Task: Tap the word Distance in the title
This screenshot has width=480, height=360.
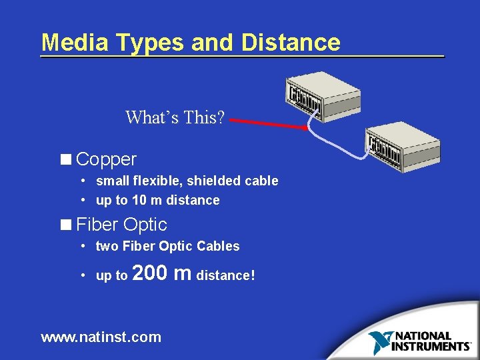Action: pos(291,42)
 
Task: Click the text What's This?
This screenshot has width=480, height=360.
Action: pos(175,118)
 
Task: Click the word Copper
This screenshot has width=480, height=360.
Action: pos(107,159)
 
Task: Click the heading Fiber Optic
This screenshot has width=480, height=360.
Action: pos(121,224)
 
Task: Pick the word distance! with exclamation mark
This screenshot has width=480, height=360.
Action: pos(226,275)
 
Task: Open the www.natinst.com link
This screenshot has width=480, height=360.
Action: pos(101,337)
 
